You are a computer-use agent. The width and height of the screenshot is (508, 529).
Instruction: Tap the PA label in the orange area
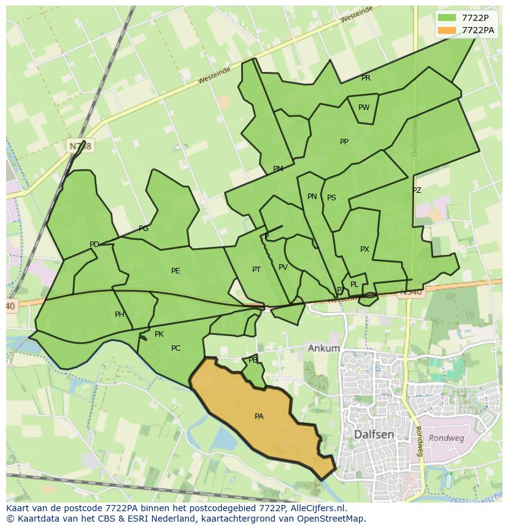click(259, 417)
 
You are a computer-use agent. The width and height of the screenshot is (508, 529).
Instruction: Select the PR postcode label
click(366, 78)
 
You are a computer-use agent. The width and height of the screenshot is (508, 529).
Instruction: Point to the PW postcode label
click(364, 108)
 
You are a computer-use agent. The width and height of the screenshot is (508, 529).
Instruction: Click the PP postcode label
click(344, 142)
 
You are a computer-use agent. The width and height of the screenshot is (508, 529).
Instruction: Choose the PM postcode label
click(278, 169)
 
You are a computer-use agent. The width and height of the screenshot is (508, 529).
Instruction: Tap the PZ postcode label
click(417, 190)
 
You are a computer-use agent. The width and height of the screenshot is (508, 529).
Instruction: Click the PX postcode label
click(364, 249)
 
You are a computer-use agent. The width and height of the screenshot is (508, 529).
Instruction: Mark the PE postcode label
click(175, 271)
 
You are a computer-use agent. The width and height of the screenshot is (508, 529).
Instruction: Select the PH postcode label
click(120, 315)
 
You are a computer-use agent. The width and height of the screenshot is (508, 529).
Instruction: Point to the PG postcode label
click(144, 229)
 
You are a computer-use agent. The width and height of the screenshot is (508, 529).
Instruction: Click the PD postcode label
click(94, 245)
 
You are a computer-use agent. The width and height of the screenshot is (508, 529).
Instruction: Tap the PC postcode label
click(175, 348)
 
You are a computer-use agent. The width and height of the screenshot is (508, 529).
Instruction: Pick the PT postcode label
click(256, 270)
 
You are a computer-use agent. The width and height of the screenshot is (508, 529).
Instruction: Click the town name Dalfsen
click(374, 434)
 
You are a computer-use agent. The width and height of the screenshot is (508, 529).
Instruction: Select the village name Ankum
click(324, 348)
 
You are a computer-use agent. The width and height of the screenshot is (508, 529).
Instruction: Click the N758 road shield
click(80, 146)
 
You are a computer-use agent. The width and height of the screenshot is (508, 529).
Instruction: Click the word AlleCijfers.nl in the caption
click(318, 508)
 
